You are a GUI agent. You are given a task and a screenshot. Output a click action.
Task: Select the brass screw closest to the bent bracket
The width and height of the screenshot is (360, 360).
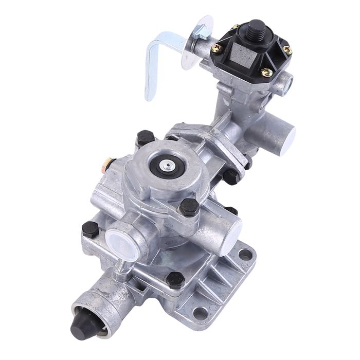pos(217,48)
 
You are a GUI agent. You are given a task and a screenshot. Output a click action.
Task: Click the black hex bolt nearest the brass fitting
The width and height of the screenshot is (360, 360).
pos(145,138)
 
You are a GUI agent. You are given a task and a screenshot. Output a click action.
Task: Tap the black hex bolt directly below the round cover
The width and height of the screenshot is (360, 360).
pos(189,207)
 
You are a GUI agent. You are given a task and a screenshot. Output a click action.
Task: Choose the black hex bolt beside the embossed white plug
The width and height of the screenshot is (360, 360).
pos(90,229)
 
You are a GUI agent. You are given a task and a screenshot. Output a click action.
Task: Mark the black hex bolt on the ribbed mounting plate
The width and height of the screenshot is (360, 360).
pos(175,280)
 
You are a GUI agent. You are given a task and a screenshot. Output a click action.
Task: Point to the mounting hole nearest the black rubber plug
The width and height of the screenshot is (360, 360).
pos(200,313)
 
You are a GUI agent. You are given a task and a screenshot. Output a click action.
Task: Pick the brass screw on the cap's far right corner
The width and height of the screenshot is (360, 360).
pos(287,50)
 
